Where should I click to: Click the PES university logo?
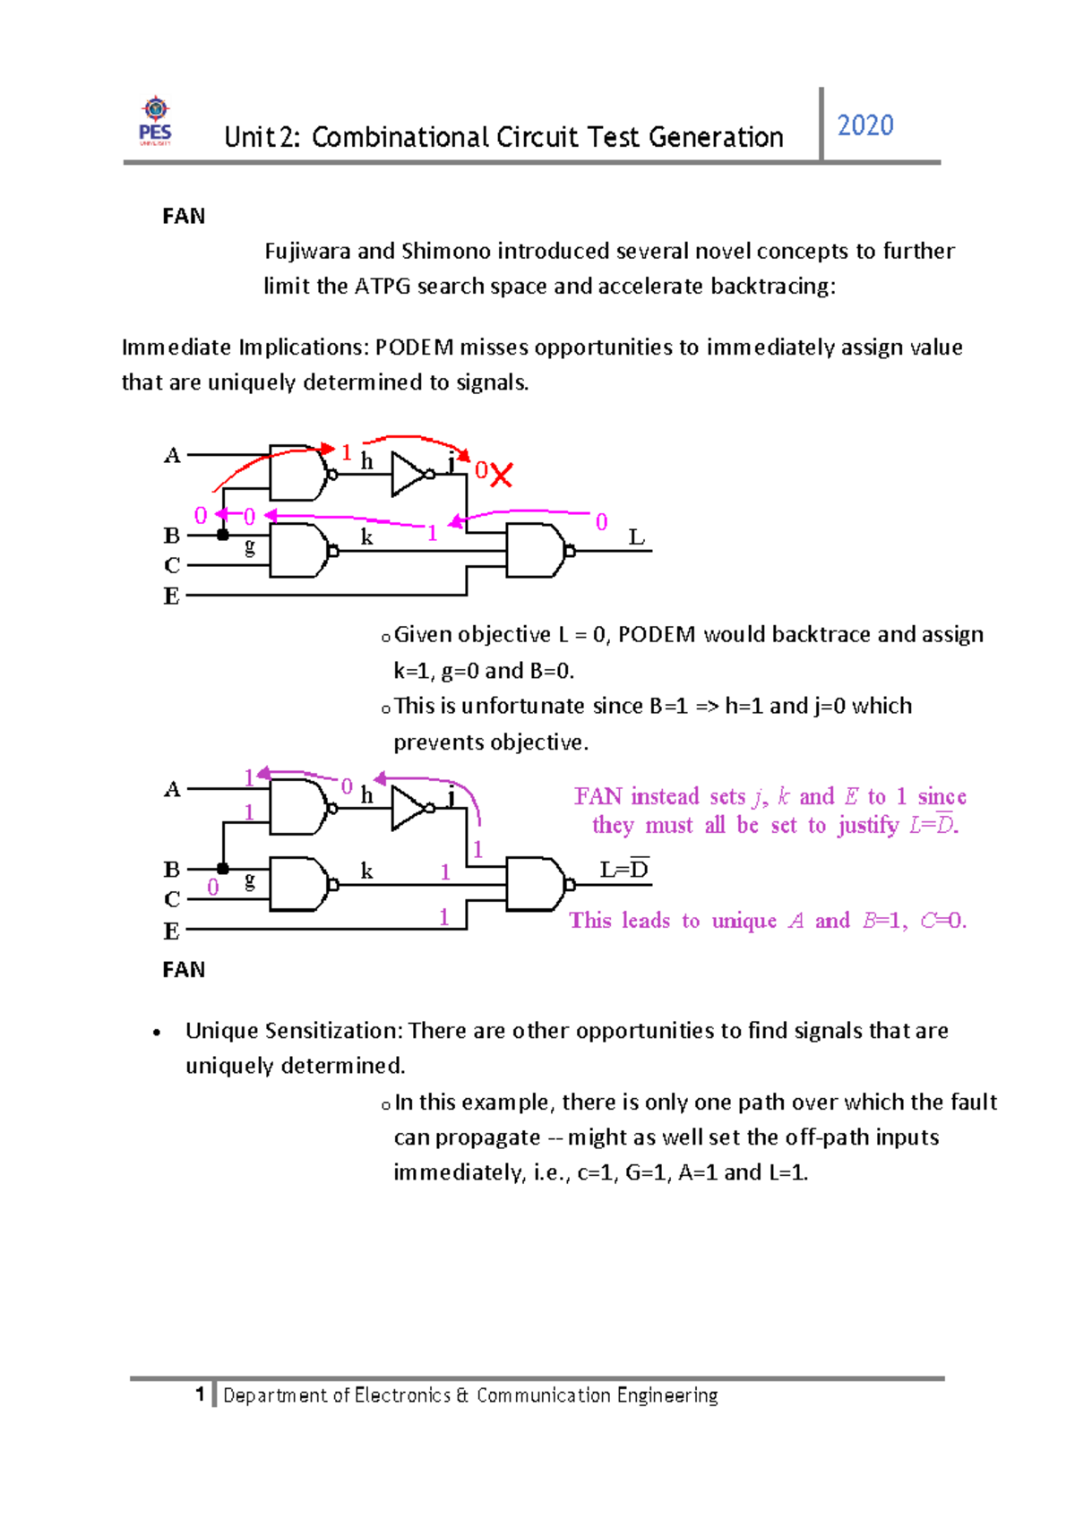155,121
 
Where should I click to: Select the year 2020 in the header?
864,126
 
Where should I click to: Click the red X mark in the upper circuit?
501,475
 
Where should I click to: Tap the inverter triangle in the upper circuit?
408,475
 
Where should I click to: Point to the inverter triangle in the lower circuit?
408,809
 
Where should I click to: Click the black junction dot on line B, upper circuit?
222,535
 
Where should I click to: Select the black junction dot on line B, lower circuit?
222,869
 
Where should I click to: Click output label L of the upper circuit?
636,537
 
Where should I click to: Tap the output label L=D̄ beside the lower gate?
624,869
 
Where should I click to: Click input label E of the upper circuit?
172,596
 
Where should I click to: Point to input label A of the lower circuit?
172,789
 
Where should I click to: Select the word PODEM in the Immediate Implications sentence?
415,348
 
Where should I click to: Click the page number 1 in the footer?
200,1395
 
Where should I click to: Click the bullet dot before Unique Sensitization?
157,1033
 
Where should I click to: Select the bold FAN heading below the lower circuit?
183,970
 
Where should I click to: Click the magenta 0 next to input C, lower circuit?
213,887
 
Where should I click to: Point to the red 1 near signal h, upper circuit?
347,452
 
